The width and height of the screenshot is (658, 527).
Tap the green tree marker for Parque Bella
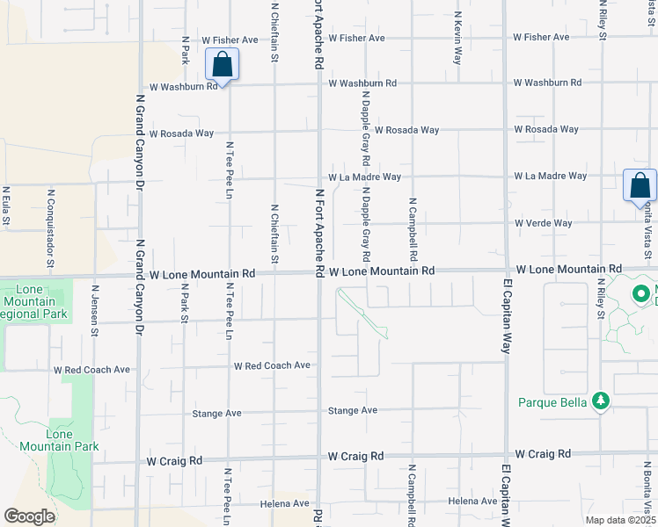(601, 401)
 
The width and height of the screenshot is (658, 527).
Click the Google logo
(29, 516)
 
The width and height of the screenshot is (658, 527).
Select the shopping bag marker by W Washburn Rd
(222, 65)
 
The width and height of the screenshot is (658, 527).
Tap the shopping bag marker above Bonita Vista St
(640, 185)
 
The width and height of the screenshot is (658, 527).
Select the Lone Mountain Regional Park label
(35, 301)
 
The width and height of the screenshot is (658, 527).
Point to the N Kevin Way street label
(458, 38)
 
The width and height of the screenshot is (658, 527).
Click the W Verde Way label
(544, 223)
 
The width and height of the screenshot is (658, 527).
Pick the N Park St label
(185, 302)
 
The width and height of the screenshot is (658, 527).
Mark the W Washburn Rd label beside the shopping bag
(183, 87)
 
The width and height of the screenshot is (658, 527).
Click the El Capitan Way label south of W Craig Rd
(507, 497)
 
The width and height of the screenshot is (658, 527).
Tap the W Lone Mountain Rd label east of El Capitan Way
(569, 268)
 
